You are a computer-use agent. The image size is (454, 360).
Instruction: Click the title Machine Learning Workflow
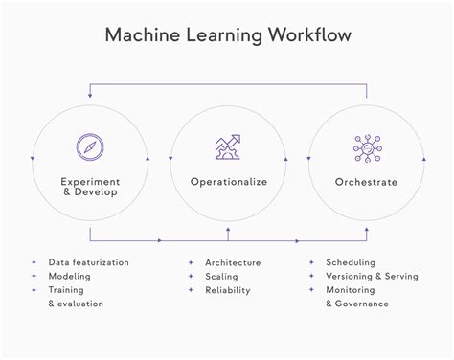pyautogui.click(x=227, y=35)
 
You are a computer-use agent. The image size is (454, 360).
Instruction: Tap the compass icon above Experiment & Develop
pyautogui.click(x=90, y=146)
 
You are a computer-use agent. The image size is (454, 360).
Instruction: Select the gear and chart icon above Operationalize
pyautogui.click(x=227, y=146)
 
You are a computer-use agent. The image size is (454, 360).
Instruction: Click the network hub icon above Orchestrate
pyautogui.click(x=364, y=146)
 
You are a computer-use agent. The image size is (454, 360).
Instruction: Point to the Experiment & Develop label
pyautogui.click(x=90, y=186)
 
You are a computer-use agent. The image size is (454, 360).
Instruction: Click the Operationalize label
pyautogui.click(x=227, y=180)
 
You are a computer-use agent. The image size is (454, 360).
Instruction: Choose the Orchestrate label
pyautogui.click(x=364, y=180)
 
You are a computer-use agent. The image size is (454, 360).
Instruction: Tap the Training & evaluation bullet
pyautogui.click(x=77, y=296)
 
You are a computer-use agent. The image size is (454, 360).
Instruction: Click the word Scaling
pyautogui.click(x=222, y=276)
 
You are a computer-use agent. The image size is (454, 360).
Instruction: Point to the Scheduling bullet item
pyautogui.click(x=351, y=262)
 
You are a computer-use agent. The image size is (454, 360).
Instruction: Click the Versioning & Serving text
pyautogui.click(x=372, y=276)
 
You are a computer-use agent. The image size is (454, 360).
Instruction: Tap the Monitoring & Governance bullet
pyautogui.click(x=356, y=296)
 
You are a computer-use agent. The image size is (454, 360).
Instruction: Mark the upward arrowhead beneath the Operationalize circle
pyautogui.click(x=227, y=229)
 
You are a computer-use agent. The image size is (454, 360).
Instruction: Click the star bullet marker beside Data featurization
pyautogui.click(x=34, y=262)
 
